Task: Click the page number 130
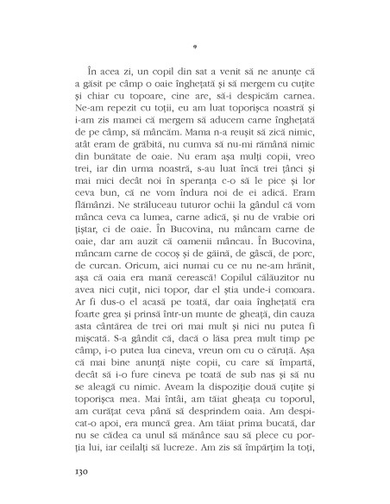click(x=73, y=472)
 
